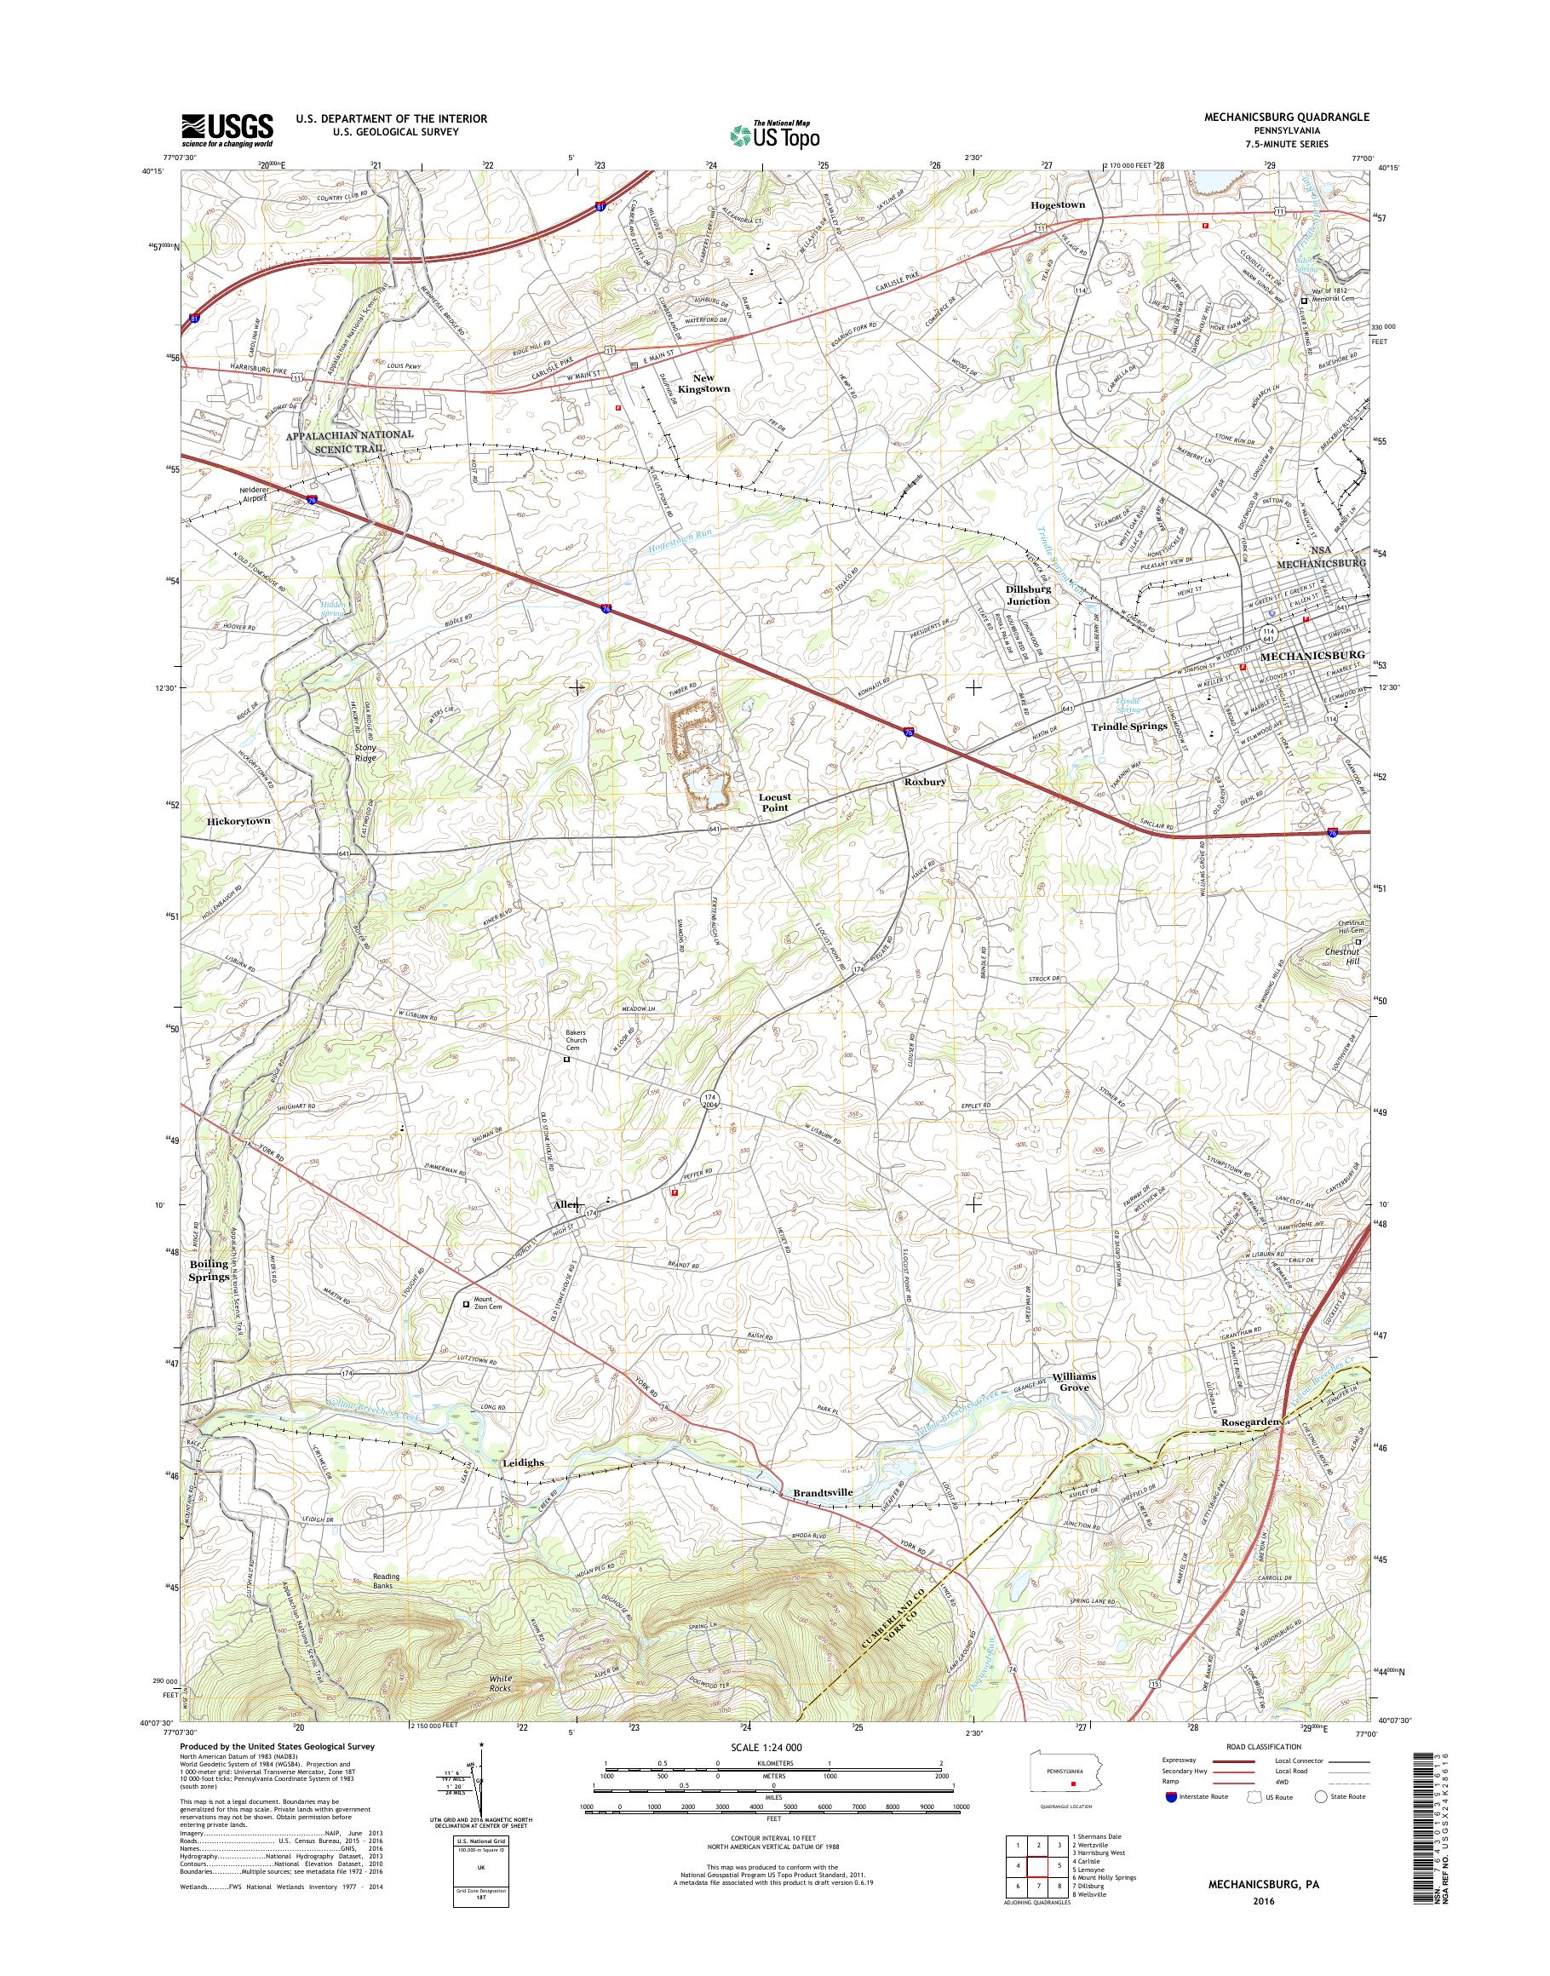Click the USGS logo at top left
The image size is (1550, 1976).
pyautogui.click(x=227, y=129)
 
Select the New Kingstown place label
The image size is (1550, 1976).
pyautogui.click(x=710, y=382)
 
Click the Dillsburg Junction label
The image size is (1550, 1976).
pyautogui.click(x=1027, y=595)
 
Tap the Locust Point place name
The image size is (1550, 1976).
pyautogui.click(x=774, y=801)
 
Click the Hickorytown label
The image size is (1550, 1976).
pyautogui.click(x=238, y=820)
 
